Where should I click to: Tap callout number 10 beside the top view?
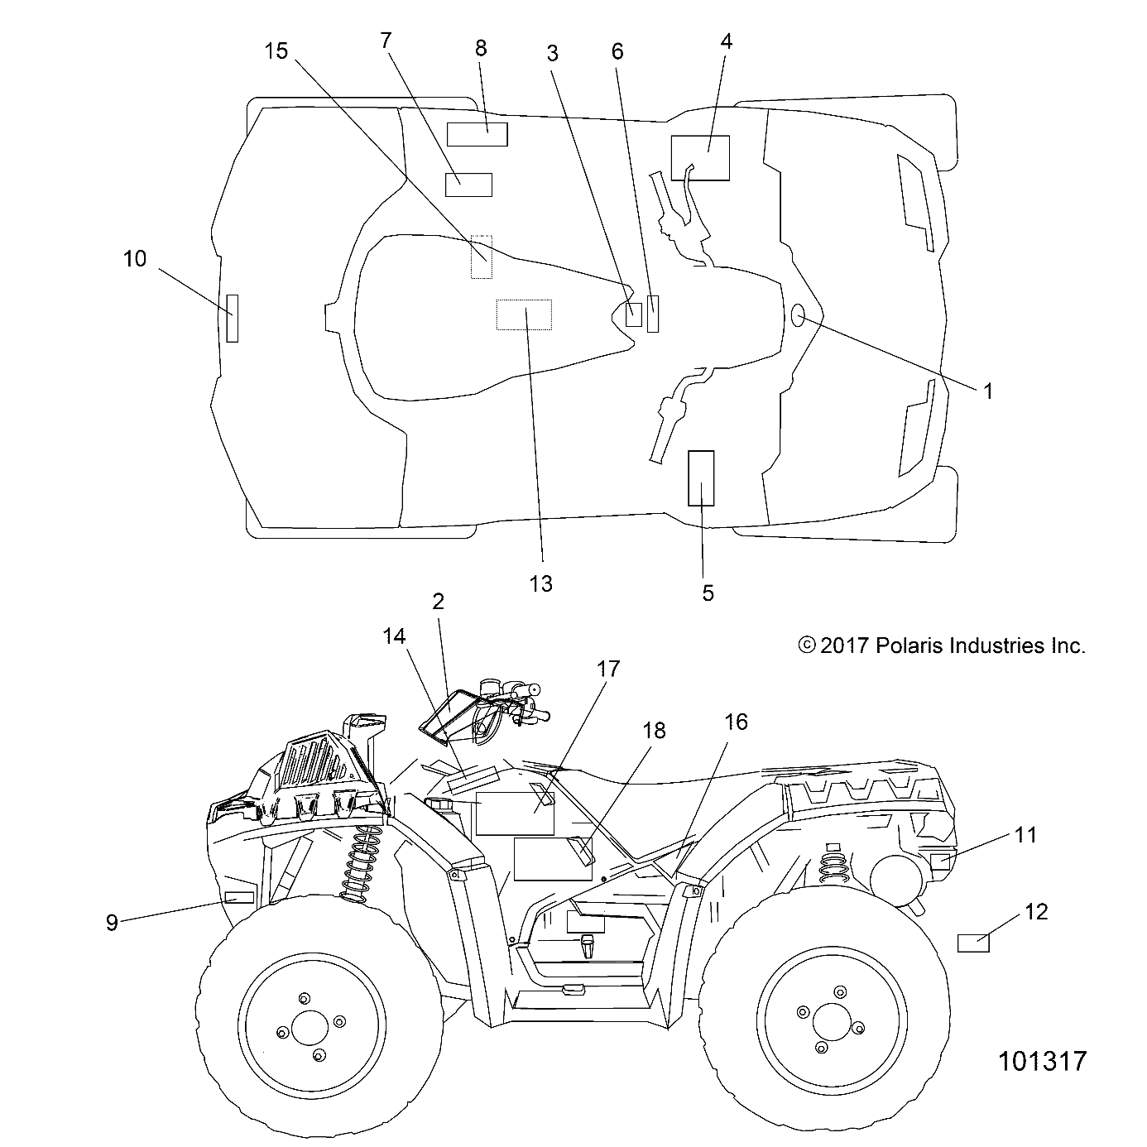tap(135, 259)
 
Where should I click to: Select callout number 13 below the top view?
tap(540, 583)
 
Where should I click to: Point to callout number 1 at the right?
tap(987, 391)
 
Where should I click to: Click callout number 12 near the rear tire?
tap(1036, 911)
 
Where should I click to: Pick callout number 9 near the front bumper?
tap(113, 922)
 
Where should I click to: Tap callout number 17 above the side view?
tap(608, 669)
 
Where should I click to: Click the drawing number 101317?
tap(1042, 1061)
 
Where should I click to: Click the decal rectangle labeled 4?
tap(700, 157)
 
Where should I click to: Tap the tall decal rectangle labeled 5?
tap(702, 478)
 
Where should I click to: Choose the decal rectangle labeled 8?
tap(478, 134)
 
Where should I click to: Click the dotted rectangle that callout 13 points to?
tap(524, 314)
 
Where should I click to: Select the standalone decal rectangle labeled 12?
tap(973, 943)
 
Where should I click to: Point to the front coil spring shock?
tap(358, 857)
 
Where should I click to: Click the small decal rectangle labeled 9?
tap(239, 897)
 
